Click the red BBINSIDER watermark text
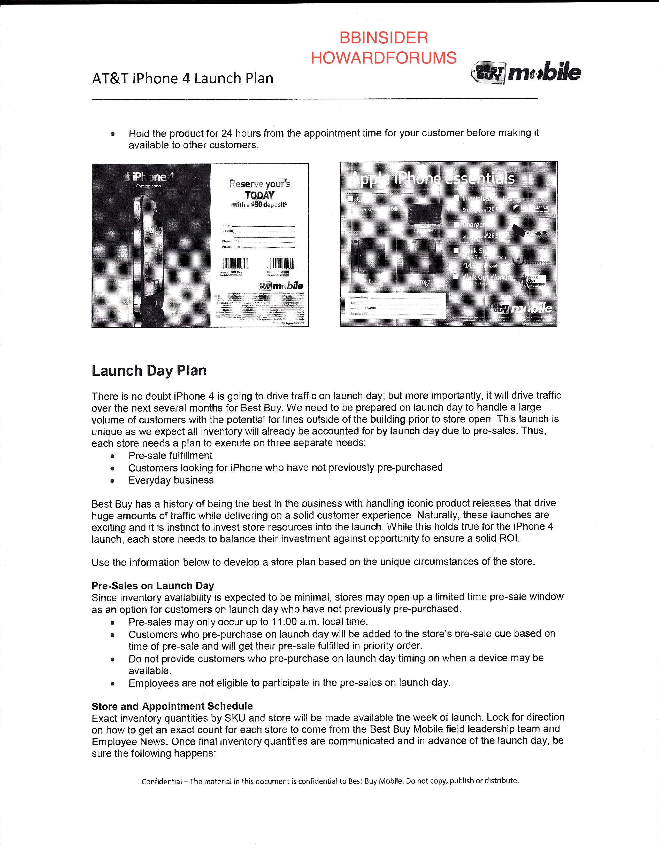point(383,38)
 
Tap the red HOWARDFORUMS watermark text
point(383,58)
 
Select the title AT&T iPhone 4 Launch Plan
point(182,78)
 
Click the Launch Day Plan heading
point(149,370)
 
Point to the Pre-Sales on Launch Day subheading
point(153,586)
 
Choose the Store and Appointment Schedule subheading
point(172,706)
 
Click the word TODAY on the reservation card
point(260,195)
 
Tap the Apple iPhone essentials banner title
point(432,178)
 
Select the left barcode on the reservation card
point(235,263)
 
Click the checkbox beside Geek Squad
point(456,250)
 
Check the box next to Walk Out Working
point(456,277)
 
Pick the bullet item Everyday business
point(171,480)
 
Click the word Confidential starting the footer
point(162,782)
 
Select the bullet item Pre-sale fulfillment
point(170,456)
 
